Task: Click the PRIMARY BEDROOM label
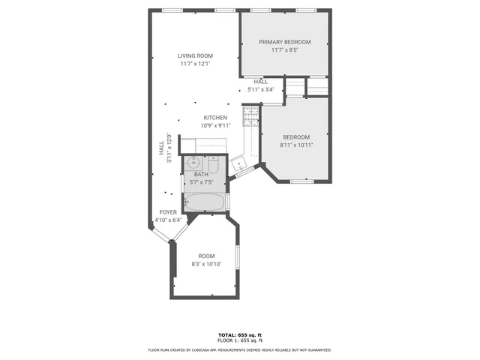pyautogui.click(x=284, y=42)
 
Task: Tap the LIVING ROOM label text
pyautogui.click(x=195, y=55)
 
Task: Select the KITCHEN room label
pyautogui.click(x=215, y=118)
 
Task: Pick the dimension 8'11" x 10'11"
pyautogui.click(x=295, y=145)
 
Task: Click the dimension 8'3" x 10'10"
pyautogui.click(x=206, y=264)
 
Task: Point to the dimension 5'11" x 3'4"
pyautogui.click(x=261, y=89)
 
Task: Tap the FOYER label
pyautogui.click(x=168, y=212)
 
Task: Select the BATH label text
pyautogui.click(x=201, y=174)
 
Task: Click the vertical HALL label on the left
pyautogui.click(x=161, y=148)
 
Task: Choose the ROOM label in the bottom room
pyautogui.click(x=206, y=256)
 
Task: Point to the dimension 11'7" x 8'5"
pyautogui.click(x=284, y=50)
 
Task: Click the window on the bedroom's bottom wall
pyautogui.click(x=301, y=181)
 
